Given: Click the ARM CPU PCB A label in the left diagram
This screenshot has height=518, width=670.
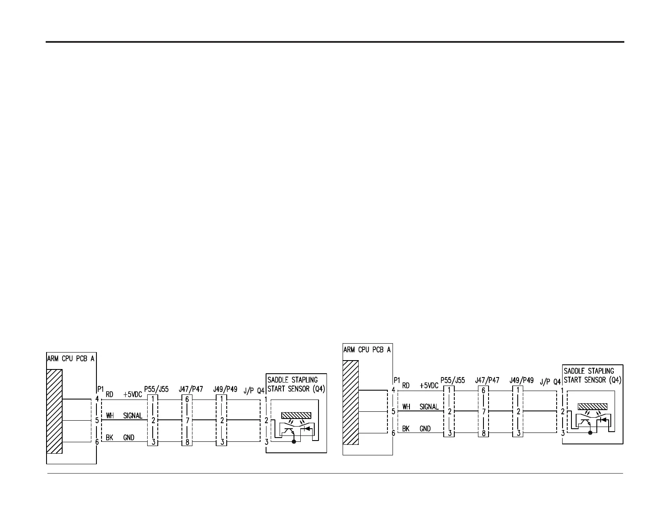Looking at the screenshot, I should coord(71,358).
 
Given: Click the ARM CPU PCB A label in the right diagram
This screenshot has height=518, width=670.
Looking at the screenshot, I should coord(367,350).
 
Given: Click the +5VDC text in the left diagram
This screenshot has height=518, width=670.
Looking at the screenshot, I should coord(133,394).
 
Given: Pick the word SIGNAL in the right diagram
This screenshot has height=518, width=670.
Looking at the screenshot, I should coord(429,407).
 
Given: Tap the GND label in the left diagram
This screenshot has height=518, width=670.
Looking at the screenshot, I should coord(129,437).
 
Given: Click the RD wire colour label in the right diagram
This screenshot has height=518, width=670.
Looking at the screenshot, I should coord(406,385).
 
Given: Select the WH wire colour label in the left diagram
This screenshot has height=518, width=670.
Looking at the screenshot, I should coord(110,416).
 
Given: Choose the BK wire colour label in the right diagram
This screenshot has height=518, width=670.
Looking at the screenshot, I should coord(406,429).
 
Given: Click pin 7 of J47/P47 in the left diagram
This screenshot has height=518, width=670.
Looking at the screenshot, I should coord(187,420).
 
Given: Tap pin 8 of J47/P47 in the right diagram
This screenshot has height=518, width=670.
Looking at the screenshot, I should coord(483,433).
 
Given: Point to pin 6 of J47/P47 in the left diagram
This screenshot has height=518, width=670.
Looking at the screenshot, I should coord(187,399).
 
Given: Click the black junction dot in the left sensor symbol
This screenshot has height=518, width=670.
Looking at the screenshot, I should coord(294,442).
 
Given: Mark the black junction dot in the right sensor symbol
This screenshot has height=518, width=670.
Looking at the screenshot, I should coord(590,433).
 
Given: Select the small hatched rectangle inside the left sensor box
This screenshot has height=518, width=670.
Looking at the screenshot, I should coord(296,415).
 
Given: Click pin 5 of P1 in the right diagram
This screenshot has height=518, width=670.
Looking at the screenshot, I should coord(393,411).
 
